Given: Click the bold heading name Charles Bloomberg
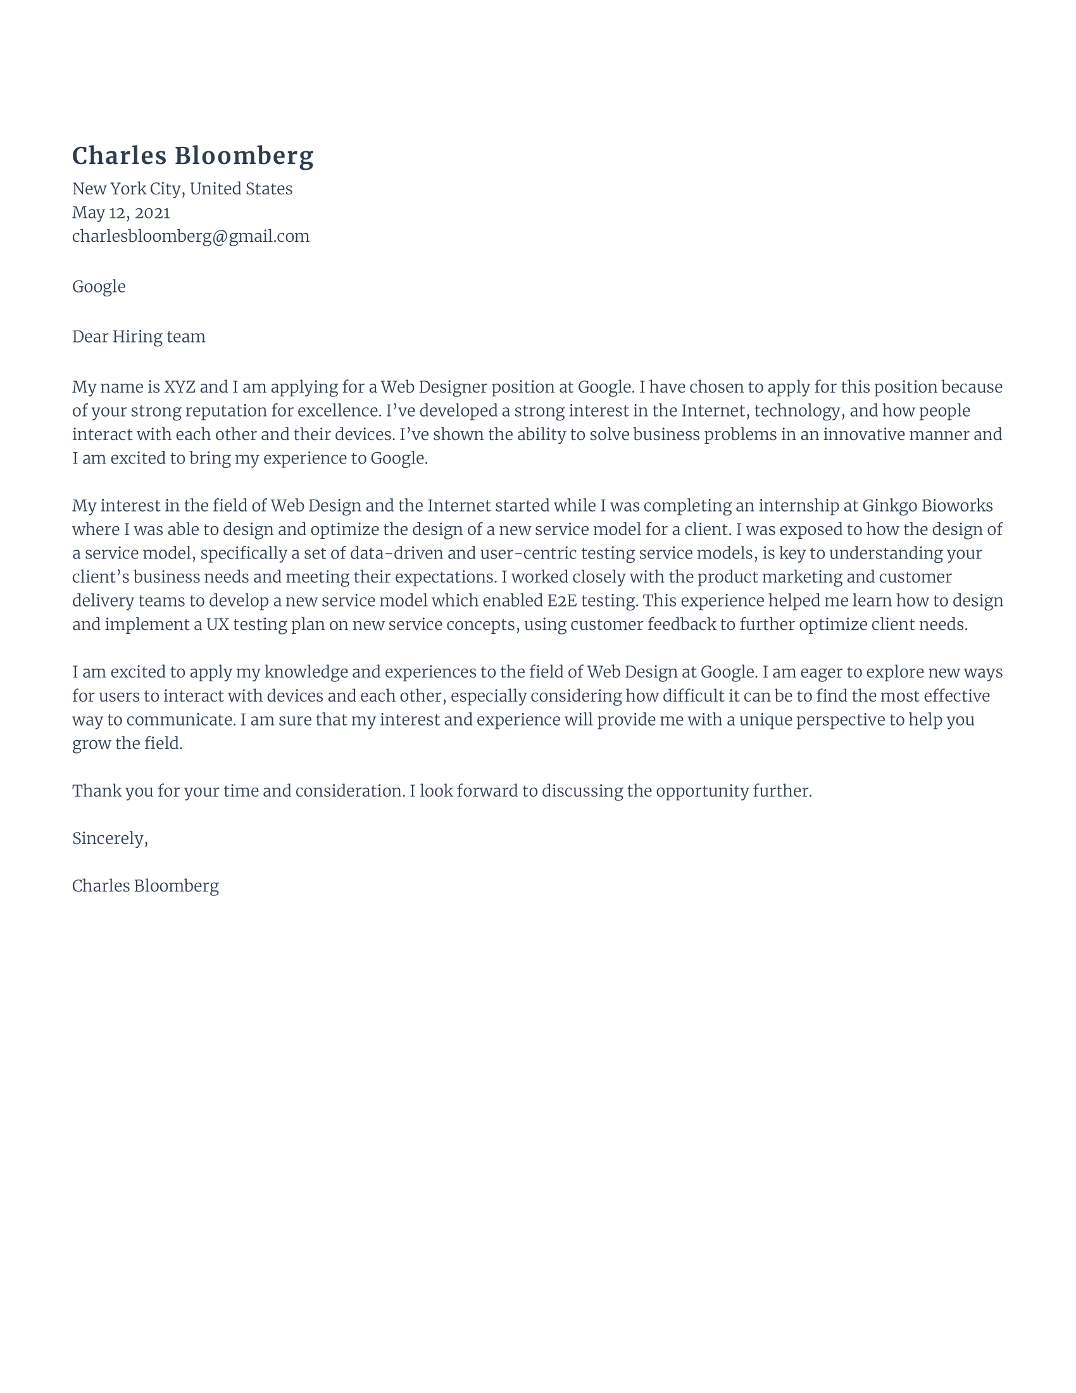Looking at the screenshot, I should point(192,156).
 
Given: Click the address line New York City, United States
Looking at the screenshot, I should point(182,189).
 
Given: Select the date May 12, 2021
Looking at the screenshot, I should point(121,212).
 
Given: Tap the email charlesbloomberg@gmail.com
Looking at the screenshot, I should point(191,237).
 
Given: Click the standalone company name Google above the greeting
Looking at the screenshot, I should point(99,286).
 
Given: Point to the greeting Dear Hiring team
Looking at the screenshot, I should point(139,337).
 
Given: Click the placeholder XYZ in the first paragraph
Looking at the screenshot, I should point(180,387).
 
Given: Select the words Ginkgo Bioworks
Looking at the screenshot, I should point(927,506).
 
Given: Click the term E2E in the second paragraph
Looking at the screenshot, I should point(561,601).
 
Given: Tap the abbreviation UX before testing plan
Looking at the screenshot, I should point(216,624).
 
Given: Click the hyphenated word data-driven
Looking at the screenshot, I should point(396,553).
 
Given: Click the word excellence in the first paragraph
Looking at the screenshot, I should point(339,411).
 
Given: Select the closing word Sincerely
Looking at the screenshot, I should point(109,839).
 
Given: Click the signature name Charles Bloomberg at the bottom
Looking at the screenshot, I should point(146,886).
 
